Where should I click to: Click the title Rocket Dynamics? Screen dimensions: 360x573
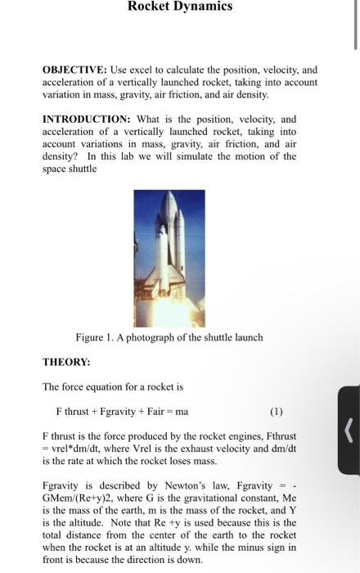pos(180,7)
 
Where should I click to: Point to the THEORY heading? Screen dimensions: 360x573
pos(66,361)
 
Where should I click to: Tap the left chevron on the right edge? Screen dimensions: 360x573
pos(349,429)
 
